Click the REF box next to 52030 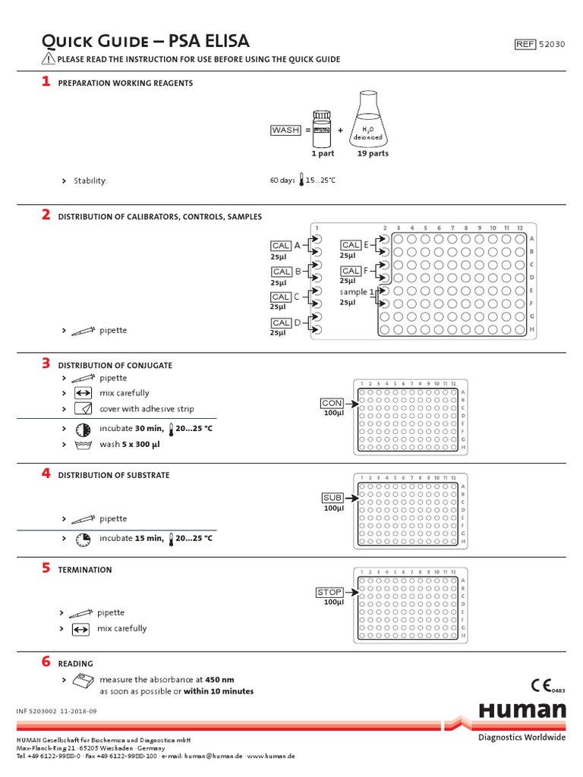coord(525,44)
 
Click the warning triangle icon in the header coord(48,58)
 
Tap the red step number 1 coord(46,81)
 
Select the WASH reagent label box coord(285,130)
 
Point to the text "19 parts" coord(373,153)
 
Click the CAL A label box coord(281,246)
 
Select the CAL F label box coord(351,271)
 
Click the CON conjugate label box coord(332,403)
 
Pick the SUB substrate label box coord(332,498)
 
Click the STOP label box coord(329,592)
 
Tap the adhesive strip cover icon coord(83,409)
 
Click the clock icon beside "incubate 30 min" coord(83,429)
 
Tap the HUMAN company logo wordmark coord(522,710)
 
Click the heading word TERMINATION coord(85,570)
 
